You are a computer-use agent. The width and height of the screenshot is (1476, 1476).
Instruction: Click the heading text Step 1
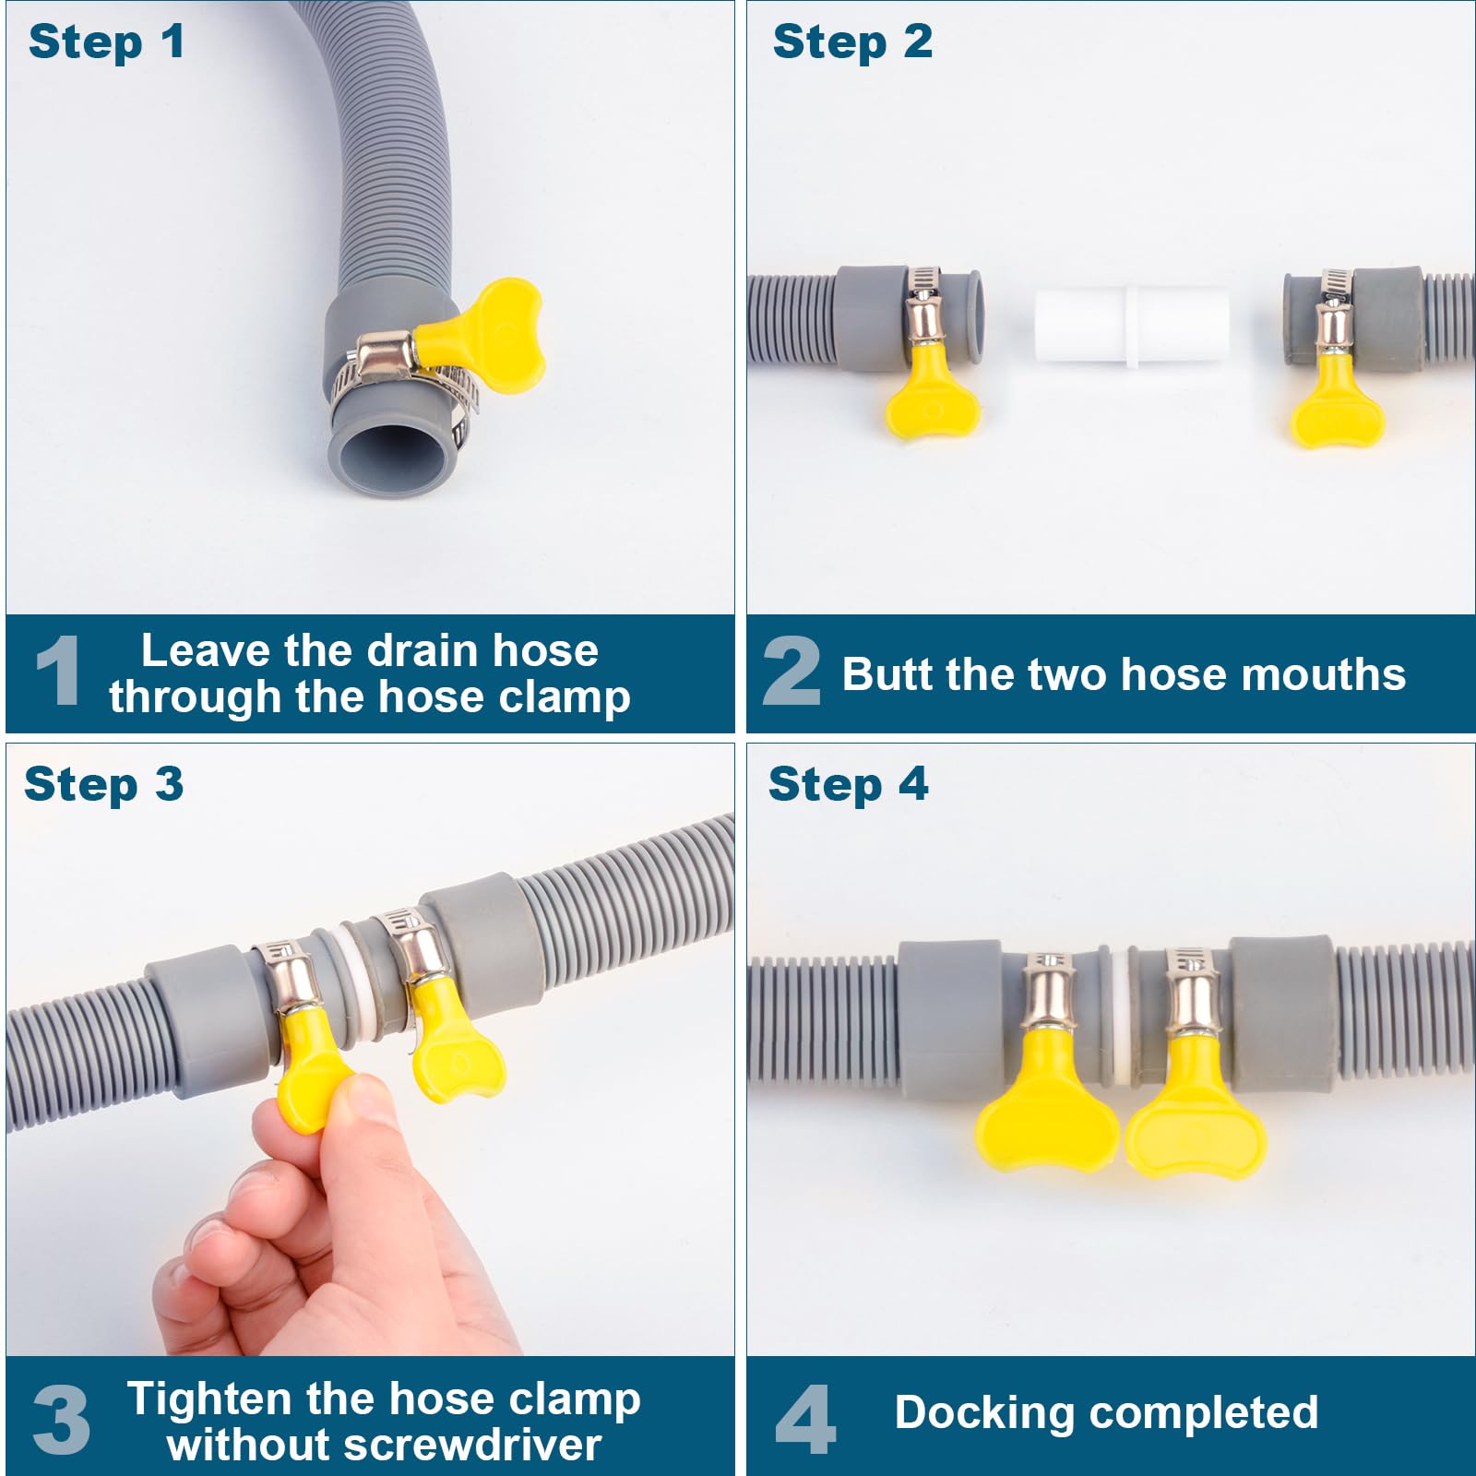[106, 42]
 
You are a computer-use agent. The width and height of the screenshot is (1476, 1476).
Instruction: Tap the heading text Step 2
[852, 42]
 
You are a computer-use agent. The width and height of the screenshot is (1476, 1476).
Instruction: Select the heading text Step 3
[103, 785]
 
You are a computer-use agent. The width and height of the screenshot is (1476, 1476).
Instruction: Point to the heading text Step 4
[848, 785]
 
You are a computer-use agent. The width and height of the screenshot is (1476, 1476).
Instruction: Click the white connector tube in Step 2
[1131, 327]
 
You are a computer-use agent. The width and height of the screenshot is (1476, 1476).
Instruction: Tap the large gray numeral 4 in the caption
[805, 1419]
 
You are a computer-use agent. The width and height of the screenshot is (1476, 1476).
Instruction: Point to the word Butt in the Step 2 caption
[887, 673]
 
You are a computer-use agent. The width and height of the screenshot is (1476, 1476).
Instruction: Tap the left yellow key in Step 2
[931, 391]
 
